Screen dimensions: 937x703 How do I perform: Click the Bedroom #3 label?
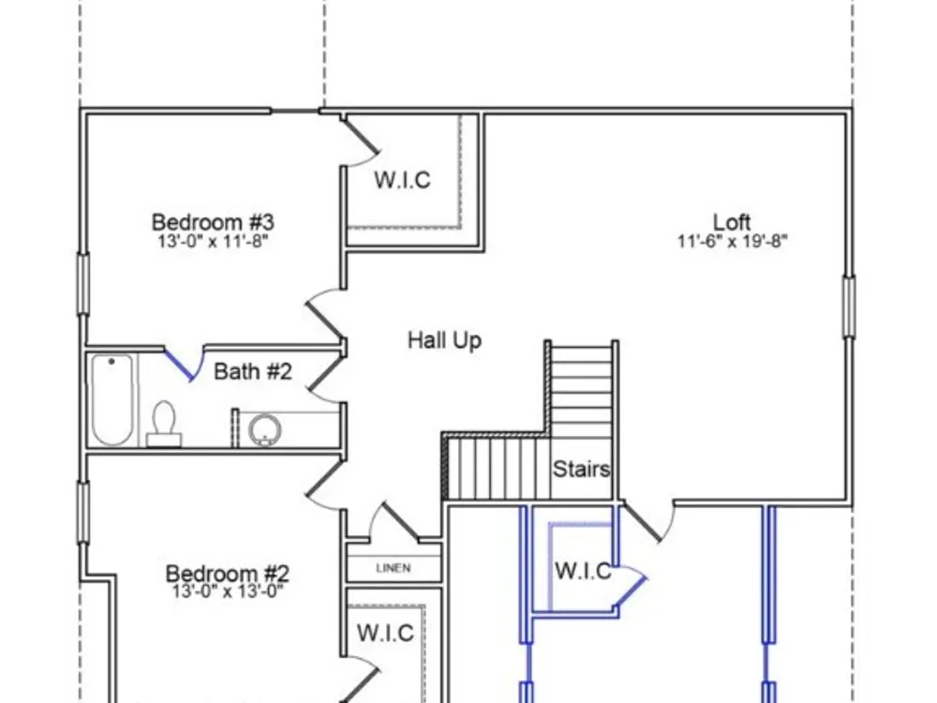click(x=213, y=222)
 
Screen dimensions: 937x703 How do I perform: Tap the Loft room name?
click(x=732, y=222)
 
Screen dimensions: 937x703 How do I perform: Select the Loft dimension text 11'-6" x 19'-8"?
click(x=732, y=242)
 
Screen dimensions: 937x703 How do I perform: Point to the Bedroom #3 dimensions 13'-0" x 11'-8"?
click(x=213, y=242)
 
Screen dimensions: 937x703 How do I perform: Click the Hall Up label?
click(x=444, y=341)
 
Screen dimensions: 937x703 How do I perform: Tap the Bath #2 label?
click(x=253, y=371)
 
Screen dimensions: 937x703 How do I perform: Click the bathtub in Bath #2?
click(x=112, y=399)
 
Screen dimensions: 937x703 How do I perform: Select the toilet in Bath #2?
click(x=164, y=424)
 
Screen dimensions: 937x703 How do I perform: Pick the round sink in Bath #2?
click(x=264, y=430)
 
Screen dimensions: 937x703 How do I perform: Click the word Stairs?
click(x=581, y=470)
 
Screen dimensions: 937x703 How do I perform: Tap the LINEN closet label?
click(x=394, y=568)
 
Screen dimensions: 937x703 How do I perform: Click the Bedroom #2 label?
click(x=227, y=574)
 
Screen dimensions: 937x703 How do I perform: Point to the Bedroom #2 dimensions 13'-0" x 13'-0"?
click(x=227, y=591)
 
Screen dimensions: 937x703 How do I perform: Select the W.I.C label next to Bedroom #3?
click(x=402, y=180)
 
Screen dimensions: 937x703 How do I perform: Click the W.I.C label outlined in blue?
click(x=583, y=571)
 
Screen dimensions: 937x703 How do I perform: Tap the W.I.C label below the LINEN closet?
click(x=385, y=633)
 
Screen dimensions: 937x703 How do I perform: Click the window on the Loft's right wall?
click(x=849, y=307)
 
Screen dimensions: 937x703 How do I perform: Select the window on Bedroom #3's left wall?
click(x=83, y=284)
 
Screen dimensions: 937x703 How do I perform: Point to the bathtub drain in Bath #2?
click(x=112, y=362)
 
